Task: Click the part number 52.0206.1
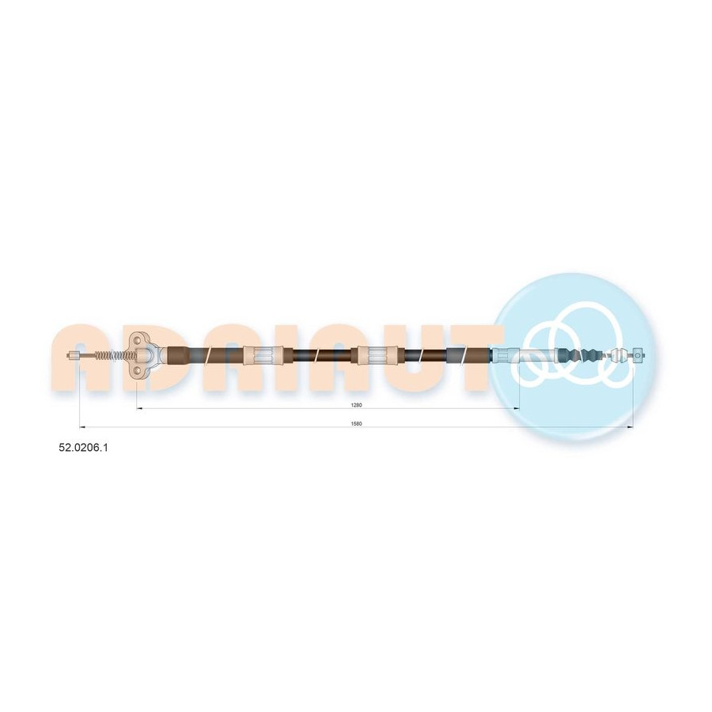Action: (83, 447)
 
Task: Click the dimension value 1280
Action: (357, 405)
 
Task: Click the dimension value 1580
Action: (357, 424)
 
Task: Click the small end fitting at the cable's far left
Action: (74, 355)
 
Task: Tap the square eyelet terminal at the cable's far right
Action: (638, 355)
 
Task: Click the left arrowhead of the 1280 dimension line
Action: (139, 409)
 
